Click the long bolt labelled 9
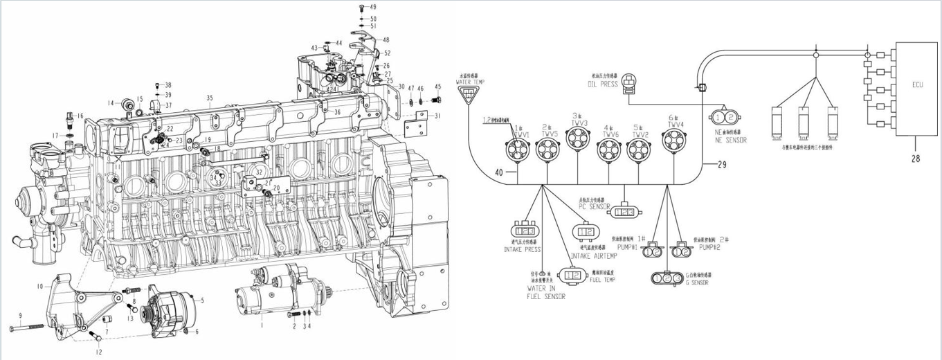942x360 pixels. click(x=28, y=325)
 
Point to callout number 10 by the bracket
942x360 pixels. click(x=40, y=286)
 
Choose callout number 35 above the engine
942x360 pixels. click(x=210, y=98)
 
